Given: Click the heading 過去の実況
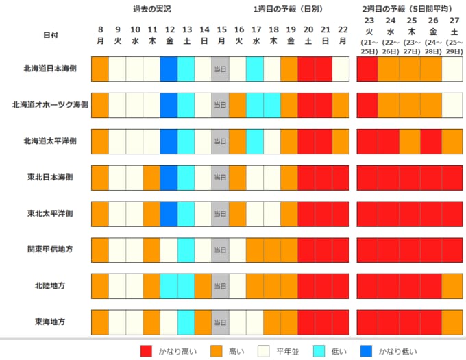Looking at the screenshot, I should pos(151,10).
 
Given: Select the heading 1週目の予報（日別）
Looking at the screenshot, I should pos(288,10).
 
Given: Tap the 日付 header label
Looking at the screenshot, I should pos(51,35).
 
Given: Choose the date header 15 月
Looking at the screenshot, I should pos(221,35).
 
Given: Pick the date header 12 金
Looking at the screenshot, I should pos(169,35).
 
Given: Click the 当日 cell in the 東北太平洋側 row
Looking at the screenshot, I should pos(220,213).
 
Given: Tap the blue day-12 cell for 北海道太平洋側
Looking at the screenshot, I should pos(169,141).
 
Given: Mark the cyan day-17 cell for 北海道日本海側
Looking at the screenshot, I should pos(254,69).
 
